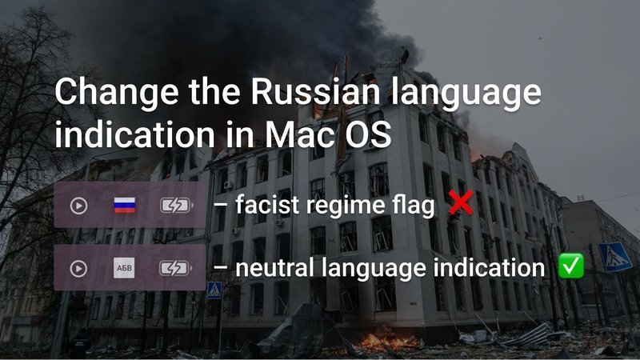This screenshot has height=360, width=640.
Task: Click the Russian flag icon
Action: [x=125, y=205]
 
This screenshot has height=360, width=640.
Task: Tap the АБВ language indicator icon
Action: [x=124, y=268]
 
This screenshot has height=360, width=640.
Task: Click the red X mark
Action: [x=461, y=202]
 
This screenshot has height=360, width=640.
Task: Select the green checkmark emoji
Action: [x=571, y=266]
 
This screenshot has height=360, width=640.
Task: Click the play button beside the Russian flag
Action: [x=78, y=206]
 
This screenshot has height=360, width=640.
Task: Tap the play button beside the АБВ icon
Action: [x=78, y=269]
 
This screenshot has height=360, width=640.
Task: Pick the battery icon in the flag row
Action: [x=176, y=206]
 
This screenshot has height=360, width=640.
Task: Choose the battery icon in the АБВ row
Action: [x=175, y=268]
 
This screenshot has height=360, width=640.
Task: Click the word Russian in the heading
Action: [x=316, y=91]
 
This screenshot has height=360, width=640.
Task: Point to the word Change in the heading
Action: [x=117, y=92]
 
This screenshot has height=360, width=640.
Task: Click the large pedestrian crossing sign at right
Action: [x=614, y=257]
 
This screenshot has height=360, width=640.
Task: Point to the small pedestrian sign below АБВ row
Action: [x=214, y=290]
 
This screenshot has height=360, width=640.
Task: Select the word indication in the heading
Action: [x=134, y=134]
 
